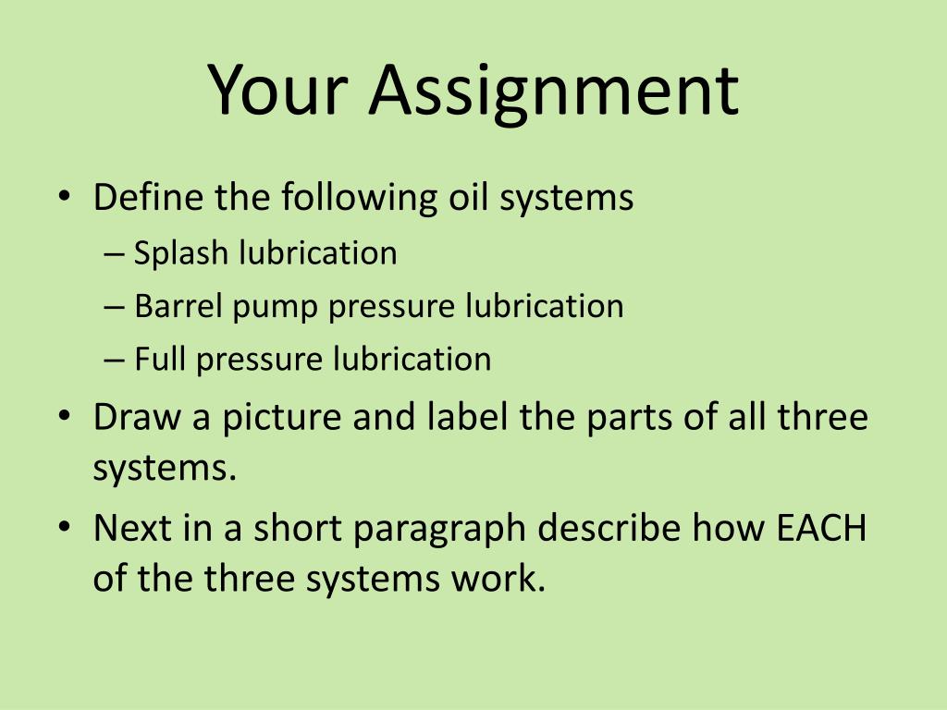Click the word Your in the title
tap(277, 90)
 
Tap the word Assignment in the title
tap(554, 90)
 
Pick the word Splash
tap(182, 252)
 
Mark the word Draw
tap(137, 417)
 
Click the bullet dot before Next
tap(63, 530)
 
